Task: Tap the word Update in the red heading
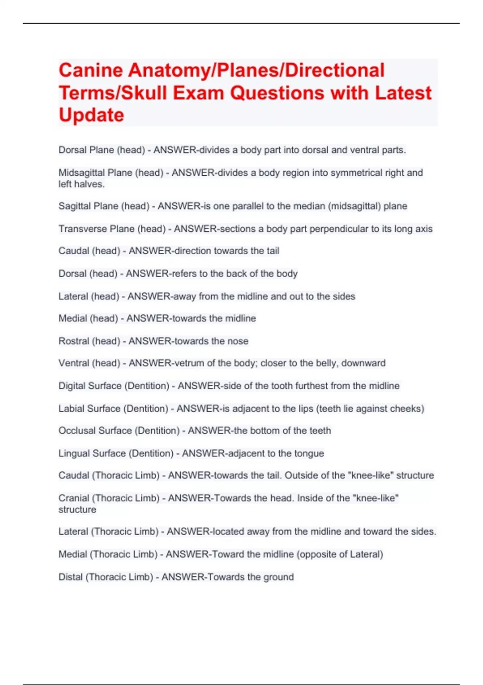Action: tap(91, 115)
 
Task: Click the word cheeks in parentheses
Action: tap(409, 409)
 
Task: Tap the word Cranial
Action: tap(74, 498)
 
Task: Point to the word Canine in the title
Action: tap(91, 71)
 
